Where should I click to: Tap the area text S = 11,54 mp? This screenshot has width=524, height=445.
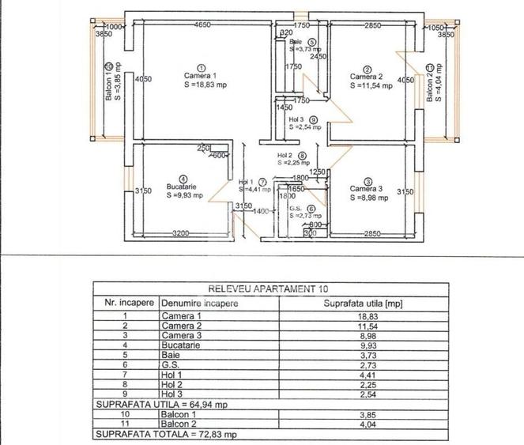click(x=371, y=85)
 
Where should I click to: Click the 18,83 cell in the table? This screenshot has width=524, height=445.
click(x=370, y=315)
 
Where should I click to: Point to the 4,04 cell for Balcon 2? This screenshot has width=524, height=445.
click(x=370, y=424)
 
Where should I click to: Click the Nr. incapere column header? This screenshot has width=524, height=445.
click(x=126, y=303)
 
